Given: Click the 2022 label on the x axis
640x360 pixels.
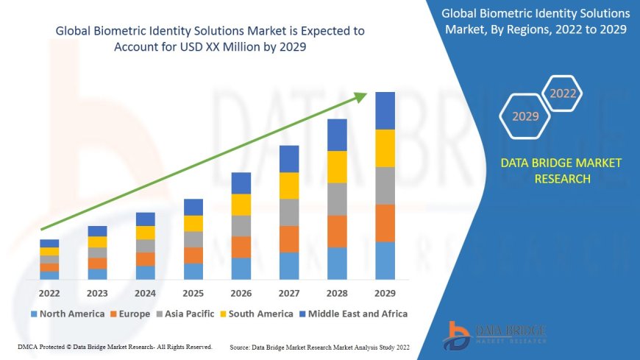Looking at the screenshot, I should click(49, 292).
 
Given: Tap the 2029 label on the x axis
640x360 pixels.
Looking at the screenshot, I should click(385, 292).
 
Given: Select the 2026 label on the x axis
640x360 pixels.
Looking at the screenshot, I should click(241, 292).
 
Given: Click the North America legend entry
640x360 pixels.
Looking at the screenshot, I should click(67, 314).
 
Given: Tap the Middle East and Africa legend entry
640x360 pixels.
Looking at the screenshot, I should click(354, 314).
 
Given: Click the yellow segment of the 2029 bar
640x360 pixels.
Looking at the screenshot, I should click(385, 148).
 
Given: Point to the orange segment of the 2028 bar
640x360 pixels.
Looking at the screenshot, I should click(337, 231).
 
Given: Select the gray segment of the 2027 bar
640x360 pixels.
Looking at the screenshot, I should click(289, 212).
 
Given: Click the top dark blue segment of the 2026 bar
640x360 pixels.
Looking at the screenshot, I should click(241, 183).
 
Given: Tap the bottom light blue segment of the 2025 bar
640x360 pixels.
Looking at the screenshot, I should click(193, 272).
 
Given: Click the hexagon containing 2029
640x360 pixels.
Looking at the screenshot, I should click(525, 116).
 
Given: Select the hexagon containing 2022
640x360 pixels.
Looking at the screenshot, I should click(563, 93).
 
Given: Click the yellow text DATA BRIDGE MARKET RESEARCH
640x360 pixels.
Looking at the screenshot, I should click(561, 171).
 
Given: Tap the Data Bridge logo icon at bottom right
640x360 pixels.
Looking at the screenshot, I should click(457, 336).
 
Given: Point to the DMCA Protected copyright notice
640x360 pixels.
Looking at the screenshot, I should click(115, 346).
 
